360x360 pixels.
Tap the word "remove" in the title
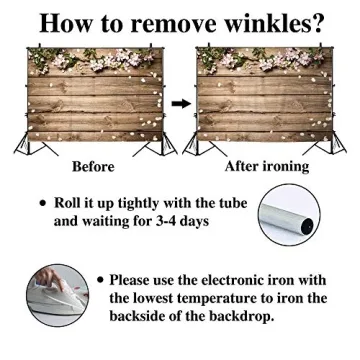pyautogui.click(x=168, y=22)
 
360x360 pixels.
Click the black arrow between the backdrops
pyautogui.click(x=181, y=104)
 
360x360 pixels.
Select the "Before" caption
pyautogui.click(x=93, y=167)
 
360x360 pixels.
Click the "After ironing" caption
pyautogui.click(x=267, y=167)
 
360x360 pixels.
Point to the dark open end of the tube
pyautogui.click(x=307, y=226)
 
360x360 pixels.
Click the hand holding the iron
pyautogui.click(x=49, y=278)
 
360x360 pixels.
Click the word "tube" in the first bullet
pyautogui.click(x=232, y=203)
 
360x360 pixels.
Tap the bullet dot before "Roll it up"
pyautogui.click(x=42, y=203)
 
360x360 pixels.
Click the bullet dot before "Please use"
pyautogui.click(x=100, y=281)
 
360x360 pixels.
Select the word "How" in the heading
pyautogui.click(x=61, y=22)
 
